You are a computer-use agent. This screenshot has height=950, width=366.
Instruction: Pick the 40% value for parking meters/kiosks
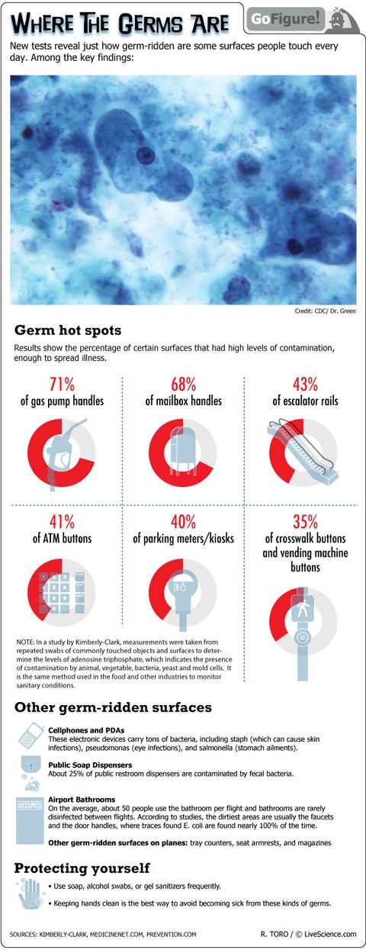[x=184, y=522]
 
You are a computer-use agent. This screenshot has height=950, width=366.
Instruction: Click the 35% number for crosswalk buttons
[x=306, y=522]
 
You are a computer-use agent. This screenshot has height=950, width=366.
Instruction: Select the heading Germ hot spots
[x=67, y=330]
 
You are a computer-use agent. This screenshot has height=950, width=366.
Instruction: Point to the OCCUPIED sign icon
[x=30, y=804]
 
